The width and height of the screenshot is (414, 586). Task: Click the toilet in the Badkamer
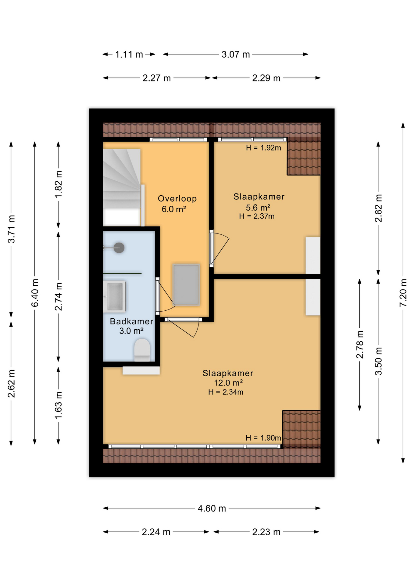142,350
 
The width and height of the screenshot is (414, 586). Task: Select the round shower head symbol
119,248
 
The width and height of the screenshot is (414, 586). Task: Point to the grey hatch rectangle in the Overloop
186,284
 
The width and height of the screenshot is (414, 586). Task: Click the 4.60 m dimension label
212,508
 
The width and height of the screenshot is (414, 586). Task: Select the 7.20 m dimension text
403,292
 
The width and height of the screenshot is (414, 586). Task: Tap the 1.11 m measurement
129,54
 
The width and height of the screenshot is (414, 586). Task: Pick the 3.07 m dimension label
235,54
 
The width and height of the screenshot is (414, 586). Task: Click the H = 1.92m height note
263,148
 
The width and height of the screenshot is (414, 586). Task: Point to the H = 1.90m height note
263,438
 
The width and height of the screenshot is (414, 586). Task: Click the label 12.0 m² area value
228,383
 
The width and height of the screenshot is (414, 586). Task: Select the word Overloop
177,199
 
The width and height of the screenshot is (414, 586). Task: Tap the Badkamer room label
131,321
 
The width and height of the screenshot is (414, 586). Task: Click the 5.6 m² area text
258,208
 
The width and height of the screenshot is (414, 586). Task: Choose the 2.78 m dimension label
360,344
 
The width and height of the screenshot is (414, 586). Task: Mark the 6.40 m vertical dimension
35,292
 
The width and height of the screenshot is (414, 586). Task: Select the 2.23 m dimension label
266,532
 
